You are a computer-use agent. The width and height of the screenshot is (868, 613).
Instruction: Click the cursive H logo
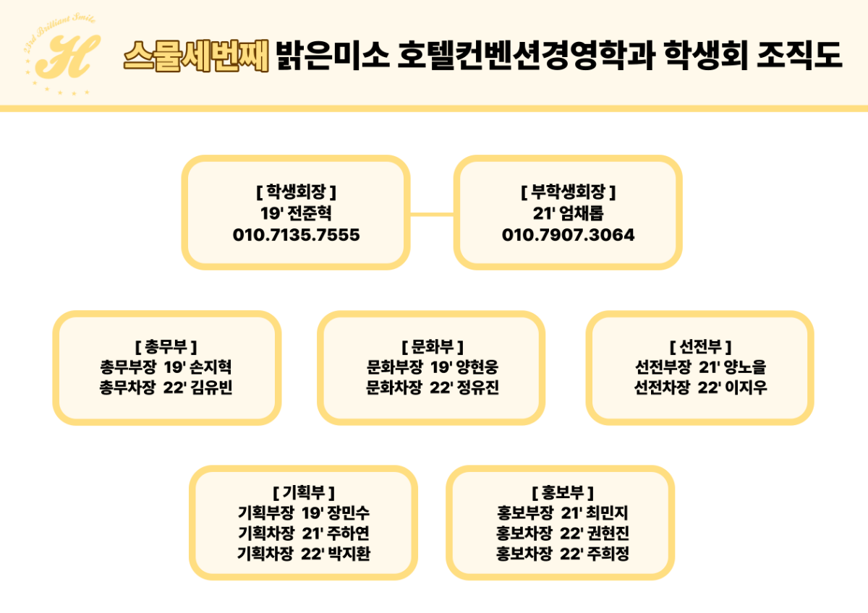[67, 56]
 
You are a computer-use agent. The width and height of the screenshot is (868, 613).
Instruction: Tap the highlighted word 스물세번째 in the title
[196, 56]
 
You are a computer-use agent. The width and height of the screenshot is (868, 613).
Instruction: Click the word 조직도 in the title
[799, 56]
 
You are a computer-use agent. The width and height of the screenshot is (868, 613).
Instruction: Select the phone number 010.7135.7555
[296, 235]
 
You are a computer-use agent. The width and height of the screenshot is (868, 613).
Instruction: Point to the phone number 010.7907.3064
[568, 235]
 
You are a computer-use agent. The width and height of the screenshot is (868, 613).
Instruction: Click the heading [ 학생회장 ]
[296, 192]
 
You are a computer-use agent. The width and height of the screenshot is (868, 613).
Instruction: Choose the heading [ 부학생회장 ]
[568, 192]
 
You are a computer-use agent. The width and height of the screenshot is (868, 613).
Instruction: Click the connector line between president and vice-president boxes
[432, 214]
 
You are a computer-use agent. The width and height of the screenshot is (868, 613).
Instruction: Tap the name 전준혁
[312, 213]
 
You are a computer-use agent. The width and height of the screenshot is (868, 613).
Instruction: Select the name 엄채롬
[584, 213]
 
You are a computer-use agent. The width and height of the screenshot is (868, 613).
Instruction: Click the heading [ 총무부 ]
[166, 346]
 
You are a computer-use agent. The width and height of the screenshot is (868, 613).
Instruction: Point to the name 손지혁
[210, 366]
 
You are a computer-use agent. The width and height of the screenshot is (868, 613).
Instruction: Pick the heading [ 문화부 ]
[433, 346]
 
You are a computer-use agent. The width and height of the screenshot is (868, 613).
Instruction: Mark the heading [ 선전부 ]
[701, 346]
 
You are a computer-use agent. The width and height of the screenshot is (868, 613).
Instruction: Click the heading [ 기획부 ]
[304, 492]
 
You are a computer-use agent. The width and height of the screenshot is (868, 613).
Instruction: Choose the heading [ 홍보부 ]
[563, 492]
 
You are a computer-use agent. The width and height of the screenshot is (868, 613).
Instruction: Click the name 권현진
[608, 533]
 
